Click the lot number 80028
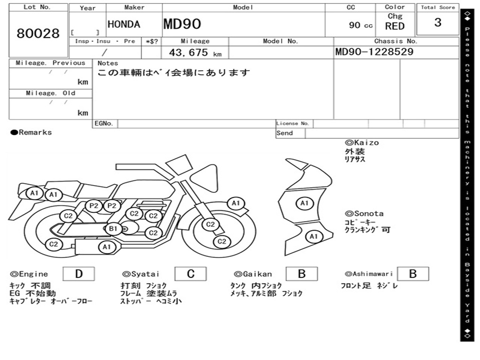coord(38,34)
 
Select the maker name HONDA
coord(124,25)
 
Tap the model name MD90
coord(182,24)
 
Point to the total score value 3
coord(438,22)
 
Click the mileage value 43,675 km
coord(195,53)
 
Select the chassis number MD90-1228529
coord(375,52)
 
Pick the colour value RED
coord(395,26)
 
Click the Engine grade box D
coord(79,274)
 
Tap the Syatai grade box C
coord(191,274)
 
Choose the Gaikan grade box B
coord(302,274)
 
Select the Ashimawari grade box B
coord(413,274)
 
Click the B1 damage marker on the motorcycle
coord(113,229)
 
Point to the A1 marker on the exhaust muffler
coord(107,247)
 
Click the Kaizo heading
coord(362,142)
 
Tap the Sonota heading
coord(364,214)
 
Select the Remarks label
coord(31,133)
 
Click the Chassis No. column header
coord(396,41)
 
